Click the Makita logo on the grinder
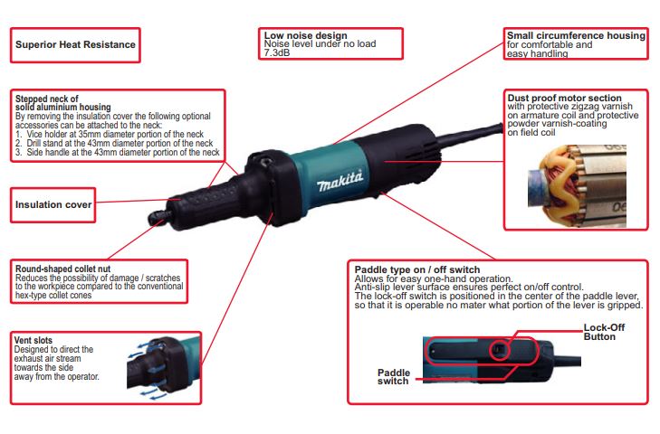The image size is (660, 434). coord(340,181)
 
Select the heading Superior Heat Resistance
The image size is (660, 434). coord(75,44)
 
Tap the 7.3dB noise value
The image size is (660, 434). coord(277,52)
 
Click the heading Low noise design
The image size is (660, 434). coord(306,35)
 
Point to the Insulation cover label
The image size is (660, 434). coord(53,205)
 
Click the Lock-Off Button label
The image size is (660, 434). coord(604,332)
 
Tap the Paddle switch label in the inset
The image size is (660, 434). coord(393,377)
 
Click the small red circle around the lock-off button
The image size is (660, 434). coord(500,349)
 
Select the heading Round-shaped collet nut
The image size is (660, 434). coord(63,269)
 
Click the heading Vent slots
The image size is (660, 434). coord(33,340)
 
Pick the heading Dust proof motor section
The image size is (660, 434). coord(564,98)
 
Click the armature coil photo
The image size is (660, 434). coord(577,186)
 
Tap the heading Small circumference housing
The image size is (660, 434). coord(576,35)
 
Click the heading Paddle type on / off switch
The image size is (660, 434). coord(417,269)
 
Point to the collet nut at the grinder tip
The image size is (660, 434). coord(158,217)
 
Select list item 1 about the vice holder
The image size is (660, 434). coord(110,134)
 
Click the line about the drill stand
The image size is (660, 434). coord(114,143)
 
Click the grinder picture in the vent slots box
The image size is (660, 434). coord(165,365)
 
